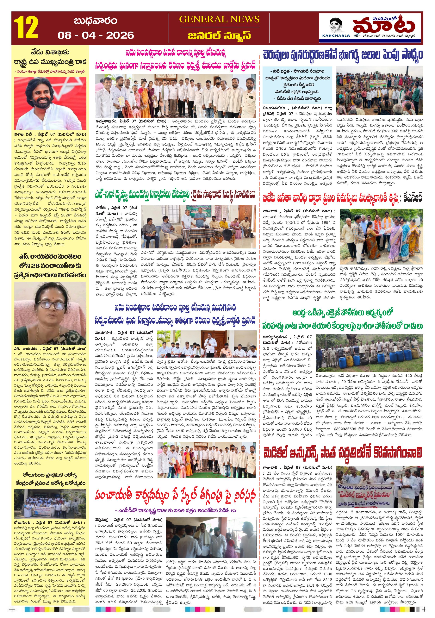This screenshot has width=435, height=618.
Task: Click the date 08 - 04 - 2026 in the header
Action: [96, 35]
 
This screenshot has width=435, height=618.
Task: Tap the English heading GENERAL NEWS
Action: [219, 19]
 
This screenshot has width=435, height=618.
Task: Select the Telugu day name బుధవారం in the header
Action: [95, 21]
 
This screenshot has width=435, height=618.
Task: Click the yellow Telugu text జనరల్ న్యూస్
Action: [219, 35]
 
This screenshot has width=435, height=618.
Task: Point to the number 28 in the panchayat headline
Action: [35, 266]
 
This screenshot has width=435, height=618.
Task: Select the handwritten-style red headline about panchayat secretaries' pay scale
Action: [175, 495]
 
